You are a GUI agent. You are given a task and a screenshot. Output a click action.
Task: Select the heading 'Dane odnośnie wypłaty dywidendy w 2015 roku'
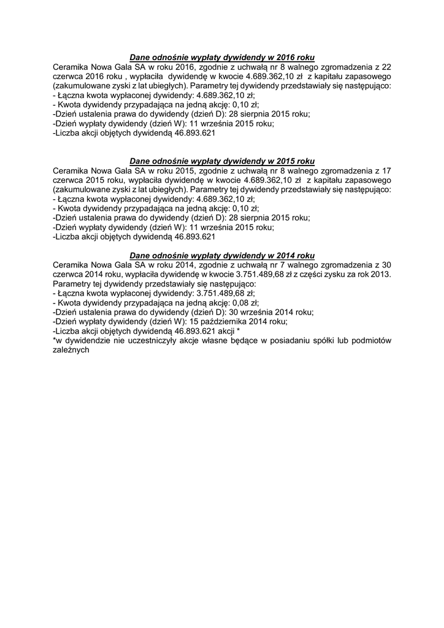222,161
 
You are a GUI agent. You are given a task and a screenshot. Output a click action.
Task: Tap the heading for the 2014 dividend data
222,255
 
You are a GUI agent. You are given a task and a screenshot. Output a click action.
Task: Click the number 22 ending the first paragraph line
386,67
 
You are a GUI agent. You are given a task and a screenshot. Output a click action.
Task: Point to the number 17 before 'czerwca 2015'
386,170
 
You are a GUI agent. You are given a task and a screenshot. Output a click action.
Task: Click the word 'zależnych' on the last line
71,350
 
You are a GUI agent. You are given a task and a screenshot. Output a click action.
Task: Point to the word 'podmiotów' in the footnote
372,341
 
